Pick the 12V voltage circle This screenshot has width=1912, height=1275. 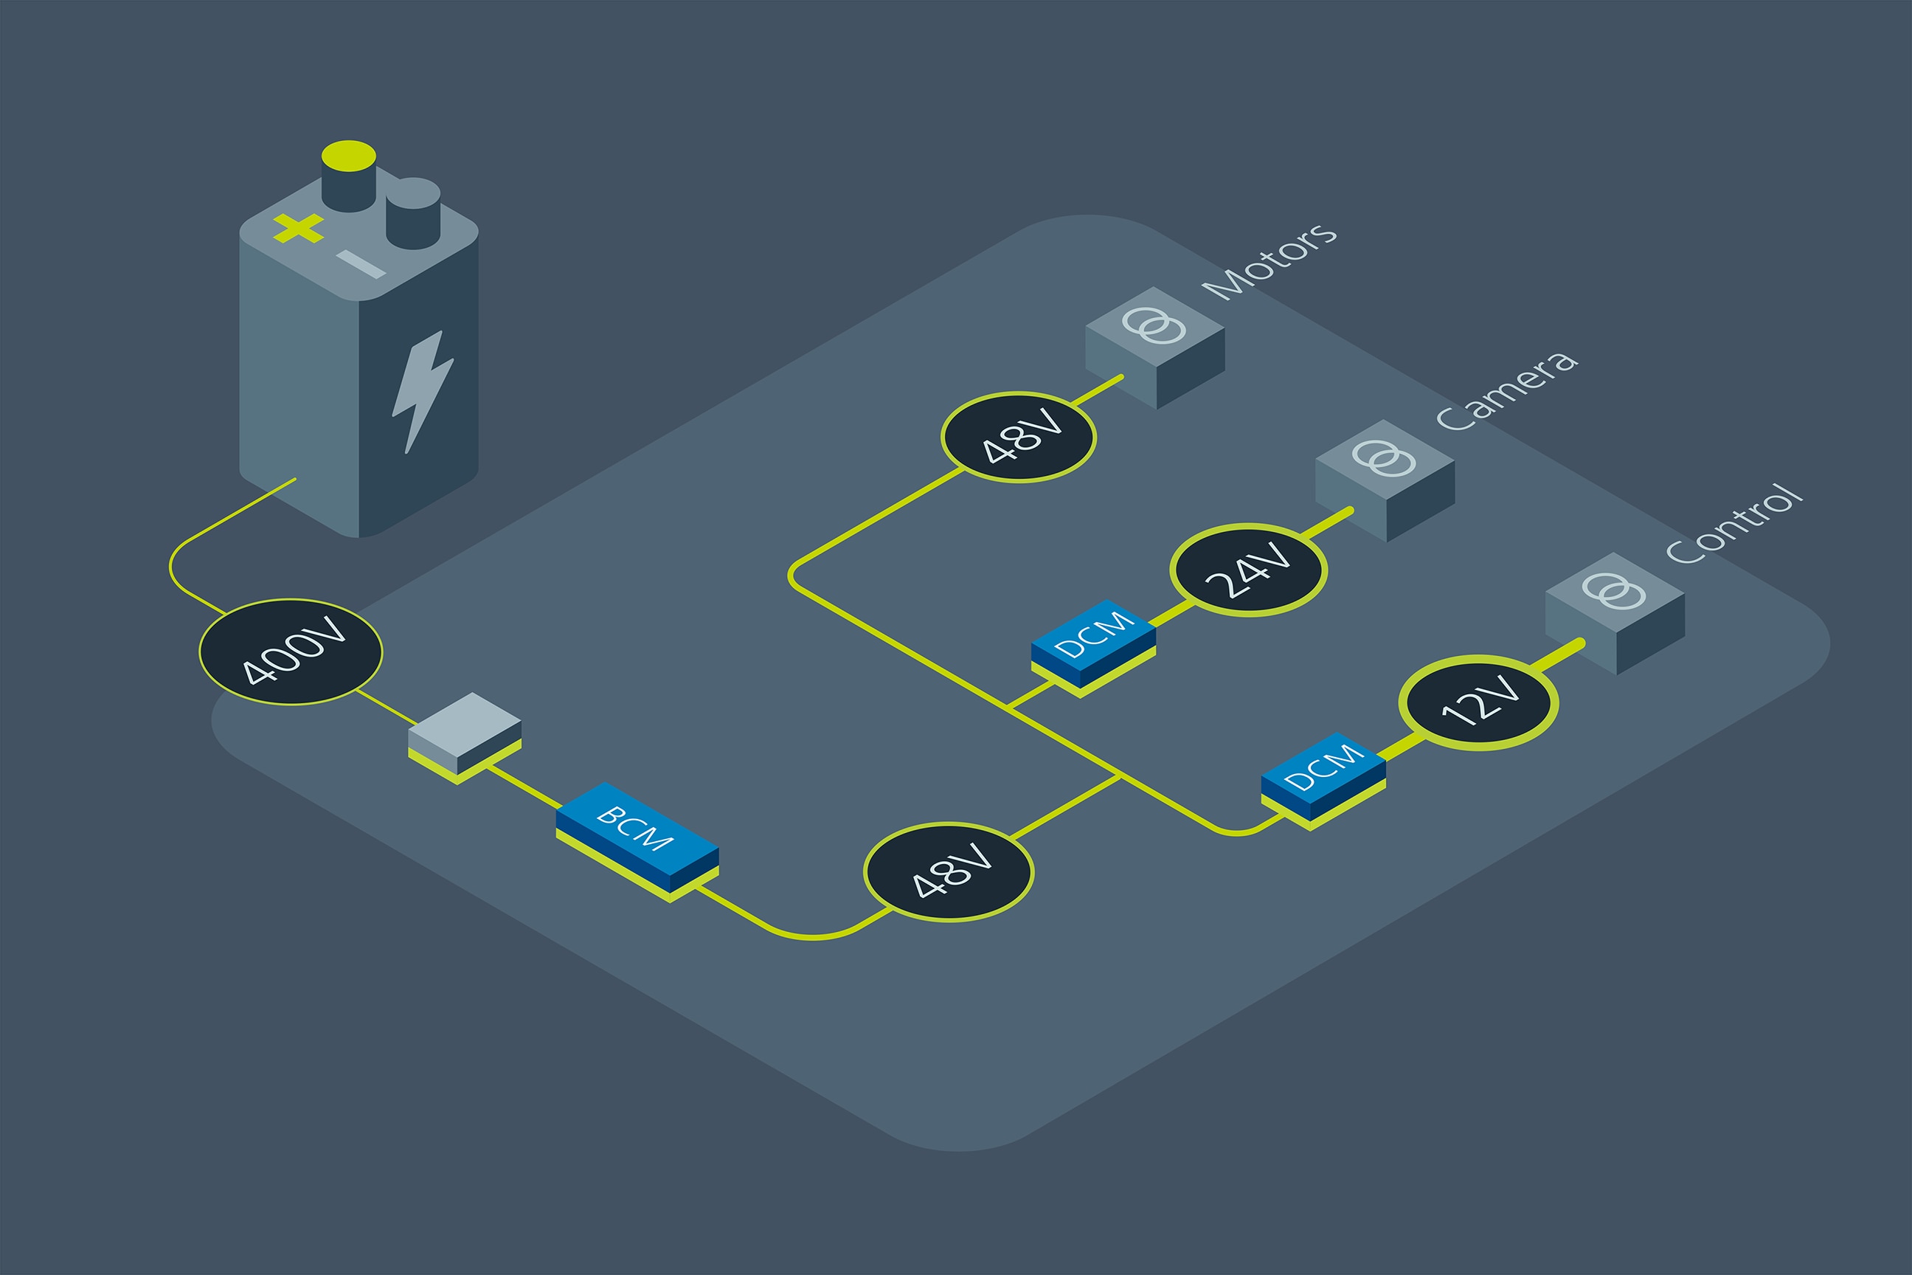coord(1478,702)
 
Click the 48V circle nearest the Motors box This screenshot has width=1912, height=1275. coord(1018,438)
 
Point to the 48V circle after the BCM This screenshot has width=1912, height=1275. coord(948,872)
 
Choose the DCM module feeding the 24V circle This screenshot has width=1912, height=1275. coord(1093,644)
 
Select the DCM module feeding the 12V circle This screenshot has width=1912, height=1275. coord(1323,775)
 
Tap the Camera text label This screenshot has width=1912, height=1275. coord(1506,390)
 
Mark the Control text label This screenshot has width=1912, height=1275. coord(1735,523)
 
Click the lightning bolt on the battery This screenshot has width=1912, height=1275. coord(423,390)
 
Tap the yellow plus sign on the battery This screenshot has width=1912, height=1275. coord(298,228)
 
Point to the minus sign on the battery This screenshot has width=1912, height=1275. coord(361,263)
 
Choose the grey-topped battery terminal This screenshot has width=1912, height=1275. coord(413,213)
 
